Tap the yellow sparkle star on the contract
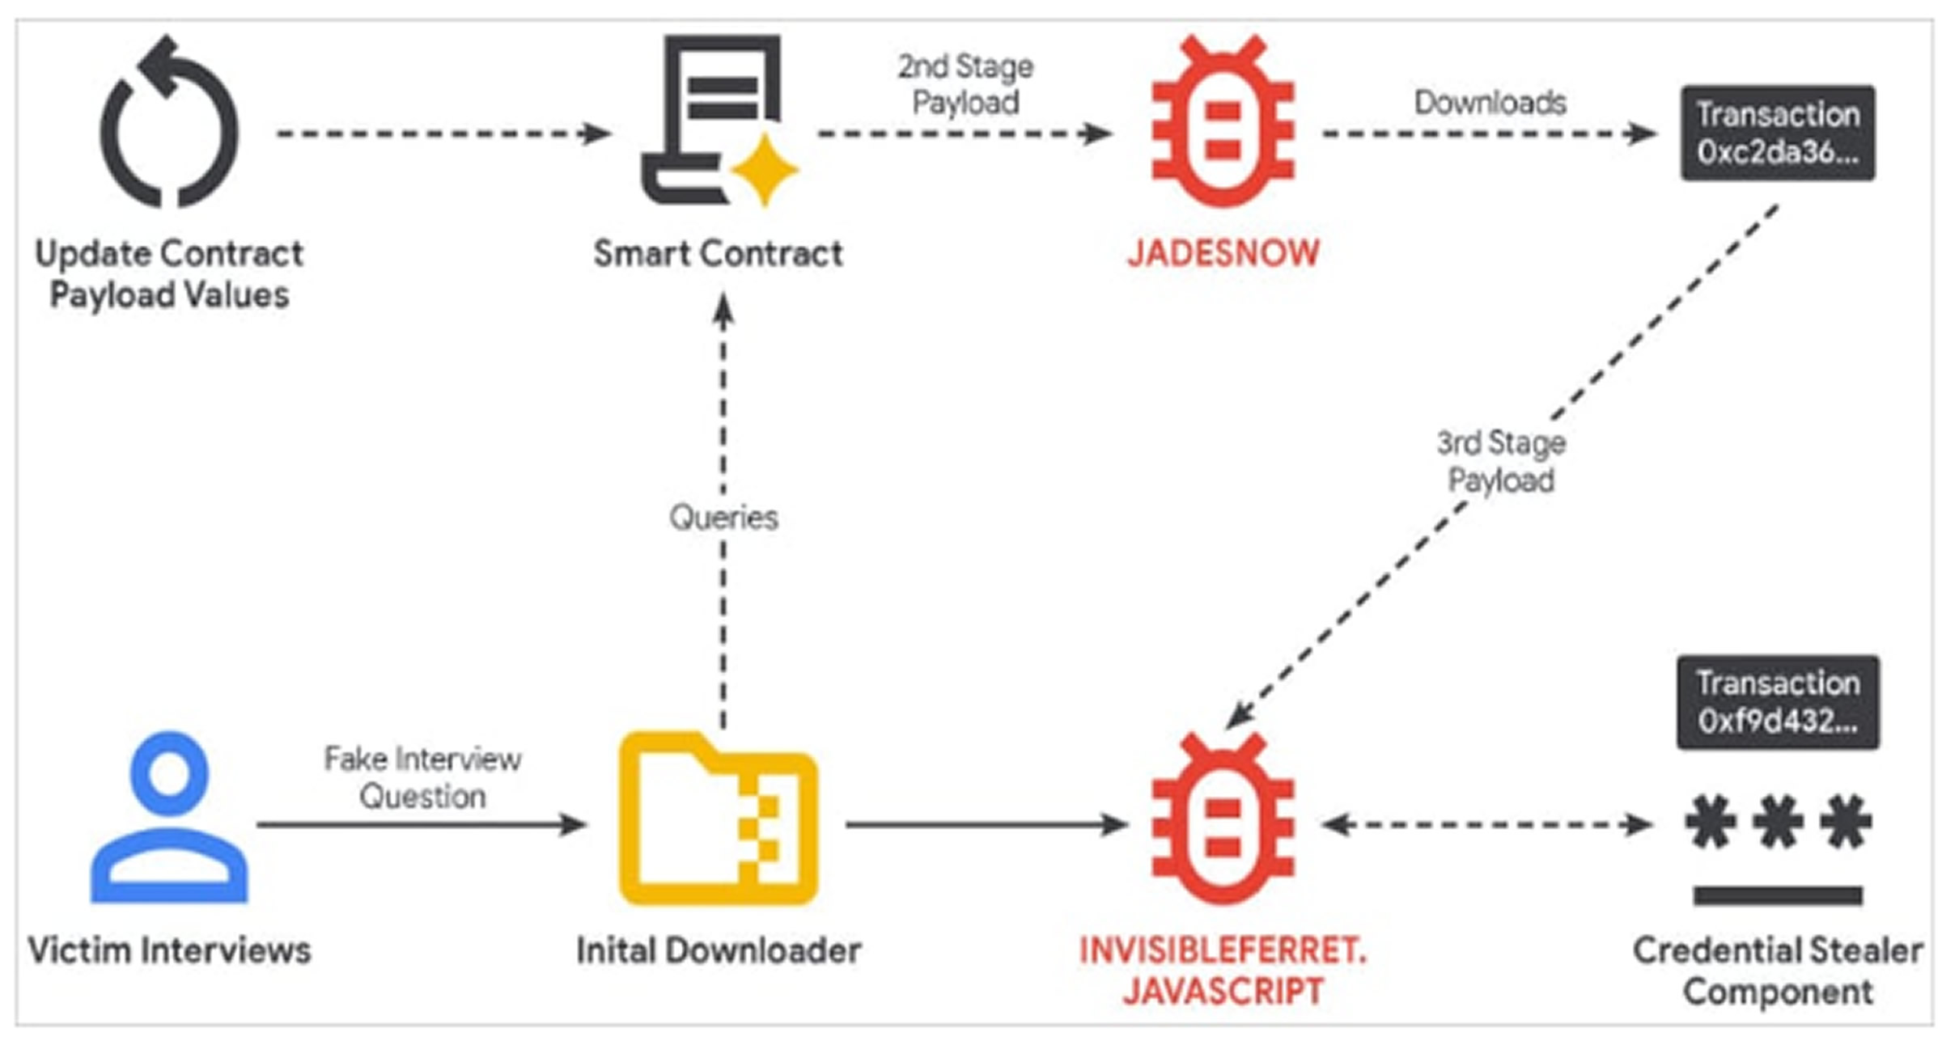click(x=764, y=171)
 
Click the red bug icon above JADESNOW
click(x=1223, y=122)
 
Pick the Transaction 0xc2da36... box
click(x=1777, y=133)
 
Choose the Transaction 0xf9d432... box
click(x=1777, y=702)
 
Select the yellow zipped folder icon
click(x=718, y=819)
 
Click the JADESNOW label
click(x=1223, y=253)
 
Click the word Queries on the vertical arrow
click(x=723, y=518)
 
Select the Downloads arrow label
click(x=1490, y=103)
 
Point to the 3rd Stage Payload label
click(x=1501, y=461)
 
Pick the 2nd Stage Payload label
click(x=965, y=84)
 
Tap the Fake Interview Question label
click(x=422, y=777)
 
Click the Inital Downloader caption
click(x=718, y=950)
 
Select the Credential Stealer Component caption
click(x=1777, y=971)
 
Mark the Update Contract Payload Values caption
click(x=169, y=273)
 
